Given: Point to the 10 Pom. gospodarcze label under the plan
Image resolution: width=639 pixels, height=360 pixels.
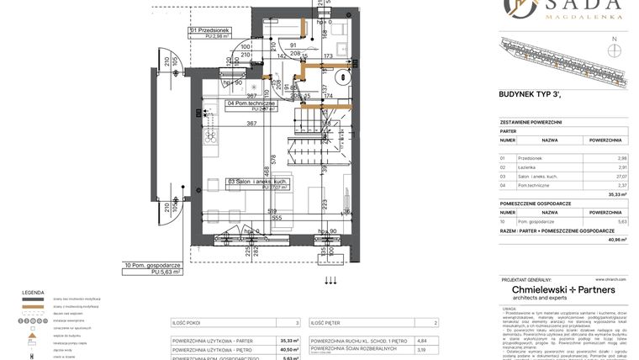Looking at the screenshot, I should click(152, 267).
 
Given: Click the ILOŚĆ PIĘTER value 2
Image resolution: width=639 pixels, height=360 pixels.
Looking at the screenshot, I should click(436, 322).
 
